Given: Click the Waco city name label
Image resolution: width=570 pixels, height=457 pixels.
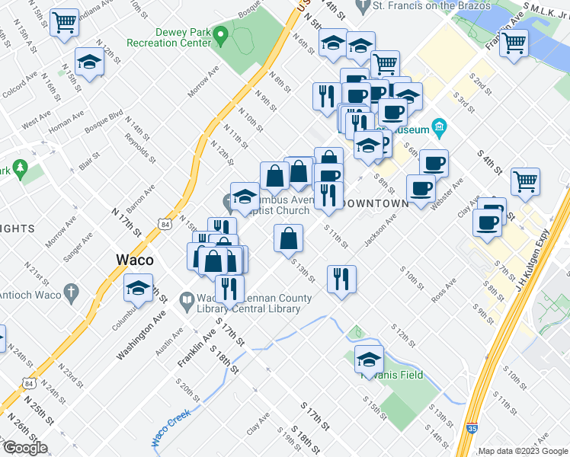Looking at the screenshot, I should tap(134, 259).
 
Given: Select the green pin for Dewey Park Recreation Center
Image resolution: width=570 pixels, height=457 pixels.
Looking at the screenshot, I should tap(220, 34).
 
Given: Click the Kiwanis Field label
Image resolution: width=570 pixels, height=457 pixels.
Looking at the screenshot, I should tap(392, 375).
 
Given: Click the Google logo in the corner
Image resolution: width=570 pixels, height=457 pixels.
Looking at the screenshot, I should tap(25, 448).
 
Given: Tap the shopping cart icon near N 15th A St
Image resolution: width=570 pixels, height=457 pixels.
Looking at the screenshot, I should tap(64, 23).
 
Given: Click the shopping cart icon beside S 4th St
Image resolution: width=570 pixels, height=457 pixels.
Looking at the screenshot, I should tap(525, 181).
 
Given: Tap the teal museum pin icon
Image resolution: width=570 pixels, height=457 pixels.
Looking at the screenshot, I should tap(439, 126).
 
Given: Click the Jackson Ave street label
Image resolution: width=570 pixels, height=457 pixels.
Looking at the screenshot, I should tap(380, 229).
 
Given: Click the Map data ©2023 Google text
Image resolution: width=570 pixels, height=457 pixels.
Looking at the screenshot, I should tap(523, 451).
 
